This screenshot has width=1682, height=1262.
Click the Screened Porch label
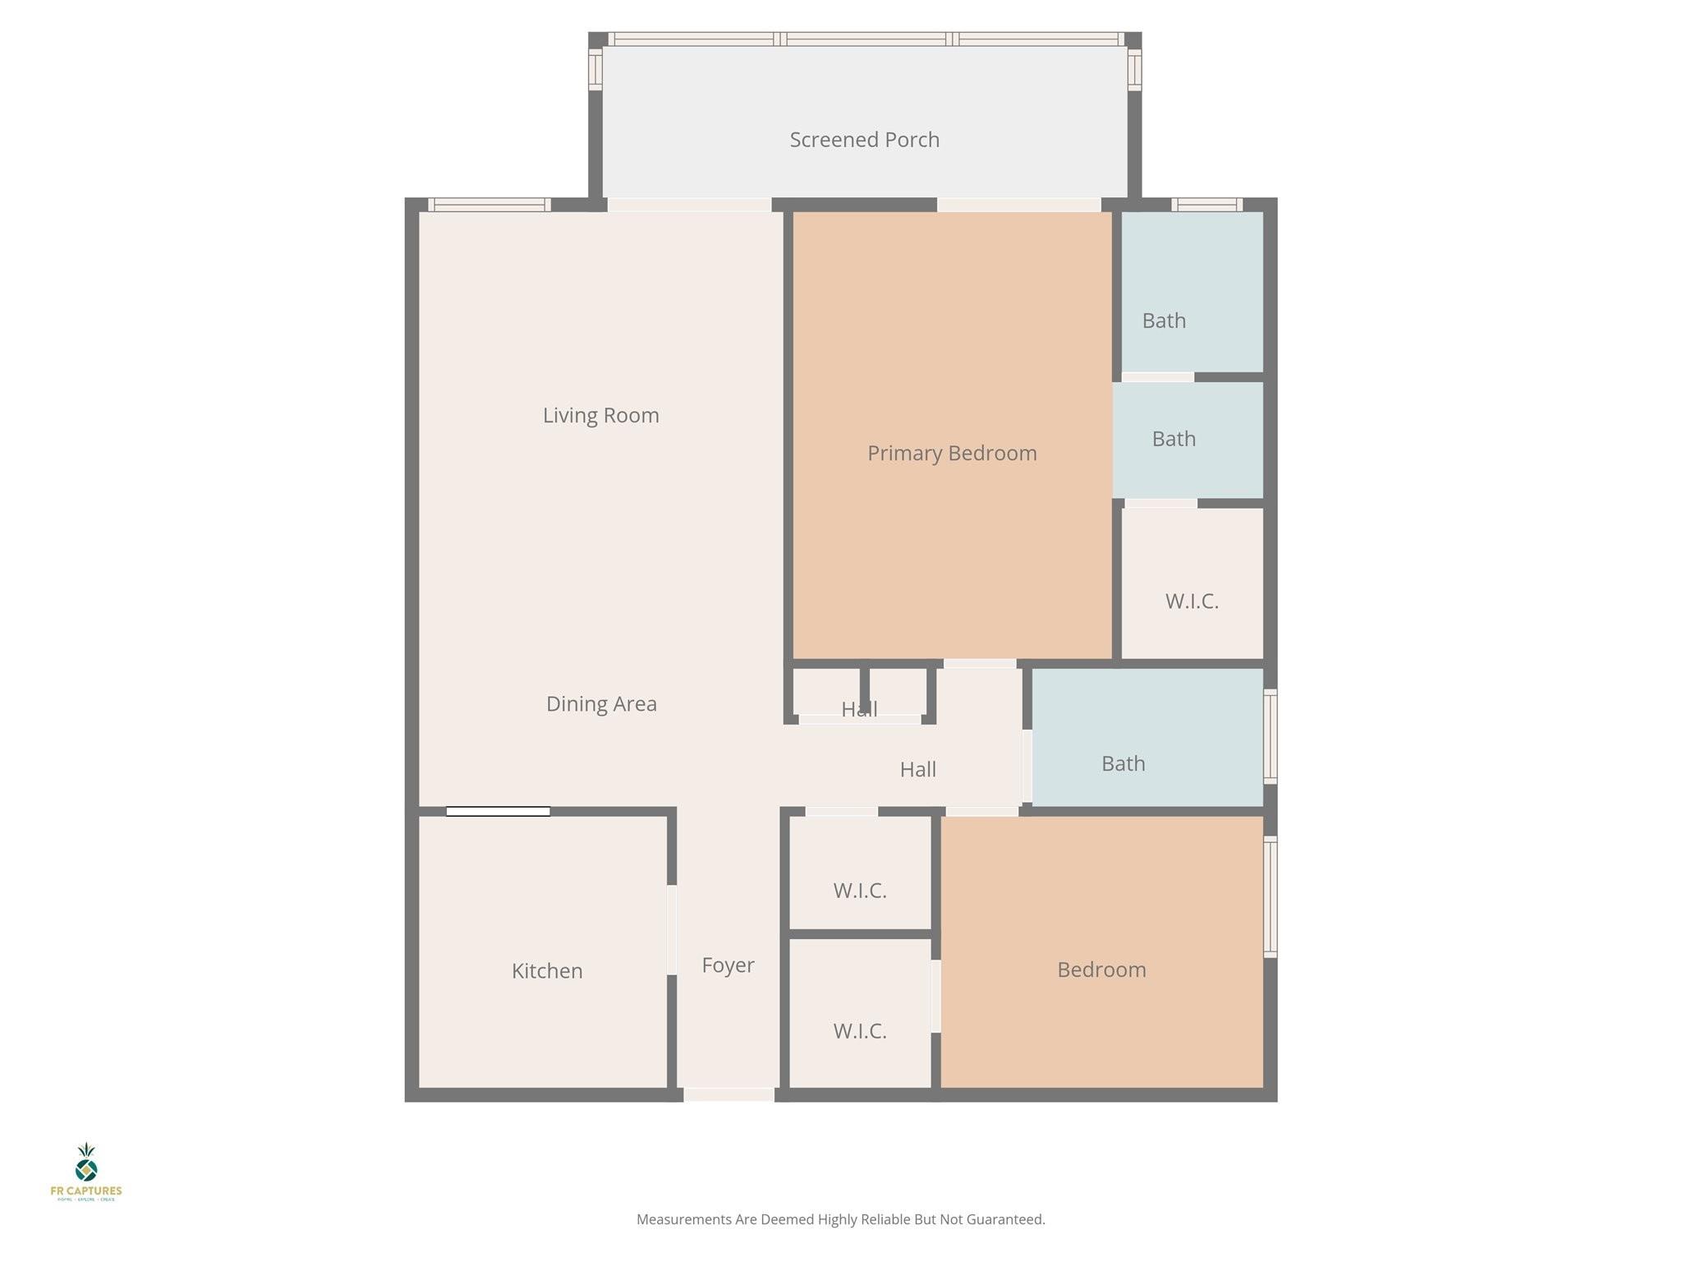click(x=864, y=140)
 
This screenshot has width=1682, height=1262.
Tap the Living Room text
click(x=600, y=415)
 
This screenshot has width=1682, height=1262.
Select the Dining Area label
click(x=601, y=704)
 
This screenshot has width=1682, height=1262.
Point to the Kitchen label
click(x=546, y=971)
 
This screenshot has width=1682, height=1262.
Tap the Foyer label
click(x=728, y=965)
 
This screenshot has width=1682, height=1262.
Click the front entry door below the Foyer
click(x=728, y=1094)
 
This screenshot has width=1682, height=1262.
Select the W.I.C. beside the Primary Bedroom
click(x=1192, y=601)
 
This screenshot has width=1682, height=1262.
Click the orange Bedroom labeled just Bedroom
click(x=1101, y=970)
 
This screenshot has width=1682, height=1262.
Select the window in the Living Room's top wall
click(x=489, y=205)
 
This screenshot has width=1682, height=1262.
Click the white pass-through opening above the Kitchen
click(x=498, y=812)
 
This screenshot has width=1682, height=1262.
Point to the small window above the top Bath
click(x=1206, y=205)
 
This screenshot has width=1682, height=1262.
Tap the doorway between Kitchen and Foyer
click(x=672, y=929)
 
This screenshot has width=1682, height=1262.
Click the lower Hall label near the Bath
click(x=917, y=770)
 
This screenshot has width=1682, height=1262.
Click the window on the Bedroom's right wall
click(x=1270, y=896)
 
